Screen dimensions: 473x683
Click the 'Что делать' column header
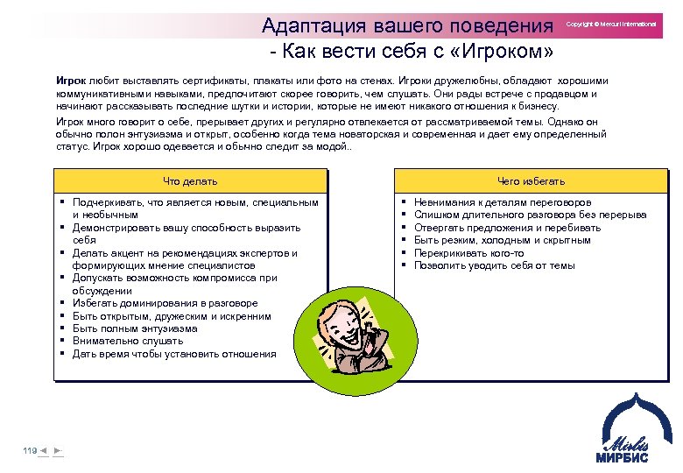(190, 181)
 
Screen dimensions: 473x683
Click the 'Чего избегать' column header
(531, 181)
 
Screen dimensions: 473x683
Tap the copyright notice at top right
(610, 25)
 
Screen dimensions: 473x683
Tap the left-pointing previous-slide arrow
(43, 450)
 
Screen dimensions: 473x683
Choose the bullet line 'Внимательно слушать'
(128, 342)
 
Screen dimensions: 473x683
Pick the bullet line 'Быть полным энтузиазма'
(135, 328)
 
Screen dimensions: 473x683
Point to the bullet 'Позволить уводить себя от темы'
(494, 265)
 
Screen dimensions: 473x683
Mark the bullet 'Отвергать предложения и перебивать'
(507, 227)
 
